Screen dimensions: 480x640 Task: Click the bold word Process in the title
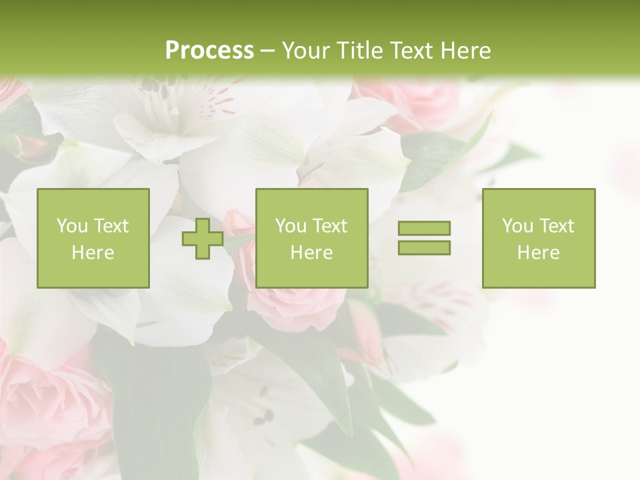(209, 51)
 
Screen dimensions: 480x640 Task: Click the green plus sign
(203, 239)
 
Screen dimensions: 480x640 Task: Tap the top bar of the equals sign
(424, 229)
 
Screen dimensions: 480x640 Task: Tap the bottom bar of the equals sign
(424, 247)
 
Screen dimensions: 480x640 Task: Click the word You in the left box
(72, 226)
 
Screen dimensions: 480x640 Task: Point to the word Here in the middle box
(311, 253)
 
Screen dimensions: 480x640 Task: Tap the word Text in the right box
(556, 226)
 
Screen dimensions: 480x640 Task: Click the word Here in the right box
(539, 253)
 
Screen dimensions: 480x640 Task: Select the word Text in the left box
(111, 226)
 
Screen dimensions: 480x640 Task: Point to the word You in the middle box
(291, 226)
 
